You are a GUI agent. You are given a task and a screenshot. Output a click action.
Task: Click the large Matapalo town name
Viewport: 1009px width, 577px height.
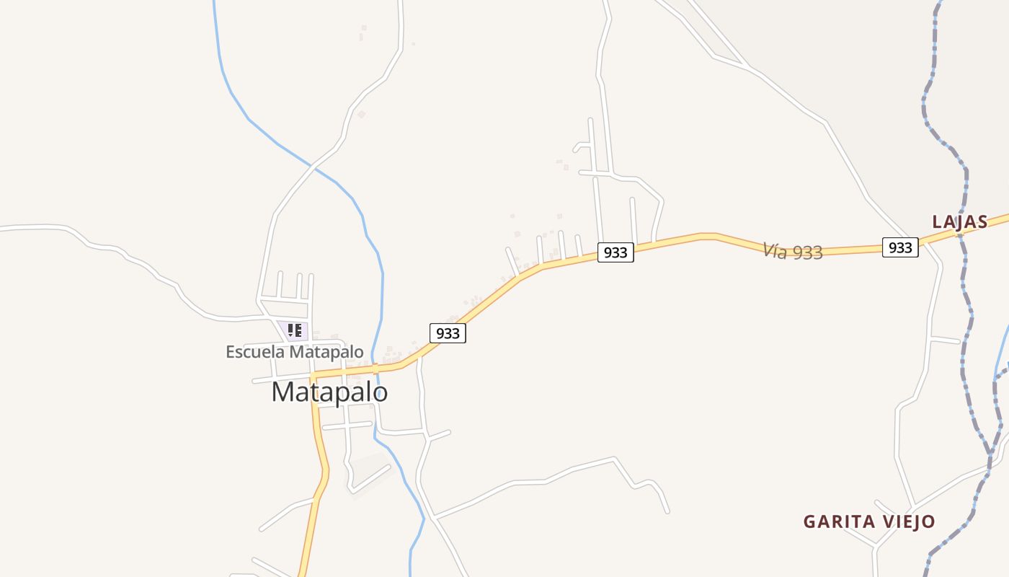[329, 392]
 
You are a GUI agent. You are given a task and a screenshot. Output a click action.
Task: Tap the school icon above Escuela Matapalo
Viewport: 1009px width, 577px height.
[294, 330]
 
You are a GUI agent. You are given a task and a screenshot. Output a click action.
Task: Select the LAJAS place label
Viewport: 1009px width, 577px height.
[959, 222]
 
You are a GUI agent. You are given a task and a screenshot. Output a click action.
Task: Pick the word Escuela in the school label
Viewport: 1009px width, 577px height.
[255, 352]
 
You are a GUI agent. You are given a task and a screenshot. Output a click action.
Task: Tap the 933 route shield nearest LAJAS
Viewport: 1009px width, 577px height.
[900, 247]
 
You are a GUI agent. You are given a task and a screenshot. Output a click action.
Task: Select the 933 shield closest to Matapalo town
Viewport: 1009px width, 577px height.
[448, 333]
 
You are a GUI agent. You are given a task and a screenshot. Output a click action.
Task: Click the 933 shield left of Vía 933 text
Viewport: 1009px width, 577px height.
[615, 252]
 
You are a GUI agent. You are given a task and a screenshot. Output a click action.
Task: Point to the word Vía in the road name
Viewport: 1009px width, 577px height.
[775, 250]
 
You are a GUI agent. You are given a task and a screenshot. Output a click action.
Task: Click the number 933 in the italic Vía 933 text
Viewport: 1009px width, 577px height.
[807, 252]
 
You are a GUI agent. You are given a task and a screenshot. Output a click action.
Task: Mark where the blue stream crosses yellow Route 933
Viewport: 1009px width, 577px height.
[375, 369]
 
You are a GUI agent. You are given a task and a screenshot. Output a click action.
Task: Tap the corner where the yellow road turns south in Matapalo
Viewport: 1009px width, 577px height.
[314, 376]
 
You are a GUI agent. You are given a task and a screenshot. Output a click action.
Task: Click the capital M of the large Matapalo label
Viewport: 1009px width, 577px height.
[283, 392]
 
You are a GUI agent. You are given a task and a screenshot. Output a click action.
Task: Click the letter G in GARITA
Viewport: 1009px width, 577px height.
[809, 521]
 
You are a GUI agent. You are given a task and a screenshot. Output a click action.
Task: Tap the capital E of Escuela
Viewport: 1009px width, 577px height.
[231, 352]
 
